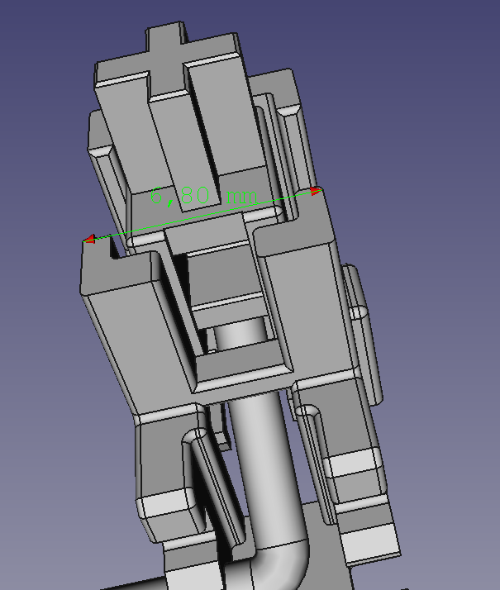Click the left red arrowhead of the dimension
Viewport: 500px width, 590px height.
click(88, 240)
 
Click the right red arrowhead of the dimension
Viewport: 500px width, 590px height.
click(315, 192)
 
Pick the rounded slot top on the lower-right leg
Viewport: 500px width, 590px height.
click(307, 411)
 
